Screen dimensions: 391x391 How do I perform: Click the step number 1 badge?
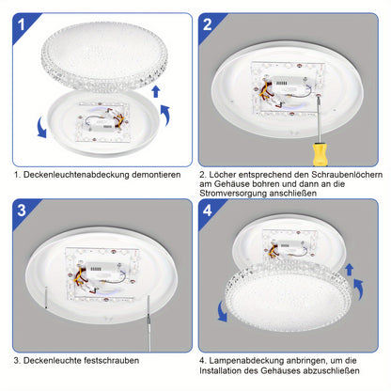(x=22, y=24)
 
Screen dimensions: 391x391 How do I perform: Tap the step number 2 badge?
(x=208, y=24)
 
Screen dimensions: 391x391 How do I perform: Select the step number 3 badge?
(x=22, y=211)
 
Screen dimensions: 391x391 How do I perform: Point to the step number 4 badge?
(x=208, y=211)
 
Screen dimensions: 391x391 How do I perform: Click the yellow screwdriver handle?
(x=320, y=154)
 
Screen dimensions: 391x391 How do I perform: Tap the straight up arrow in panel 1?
(x=156, y=91)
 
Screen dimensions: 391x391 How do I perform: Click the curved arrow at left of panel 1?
(x=41, y=128)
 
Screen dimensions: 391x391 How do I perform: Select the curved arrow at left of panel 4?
(x=222, y=311)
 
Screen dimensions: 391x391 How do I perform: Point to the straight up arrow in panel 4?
(x=350, y=270)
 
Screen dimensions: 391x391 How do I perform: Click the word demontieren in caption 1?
(x=156, y=175)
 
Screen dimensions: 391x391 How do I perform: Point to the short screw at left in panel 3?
(x=46, y=298)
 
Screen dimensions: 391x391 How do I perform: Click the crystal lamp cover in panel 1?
(x=104, y=55)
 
